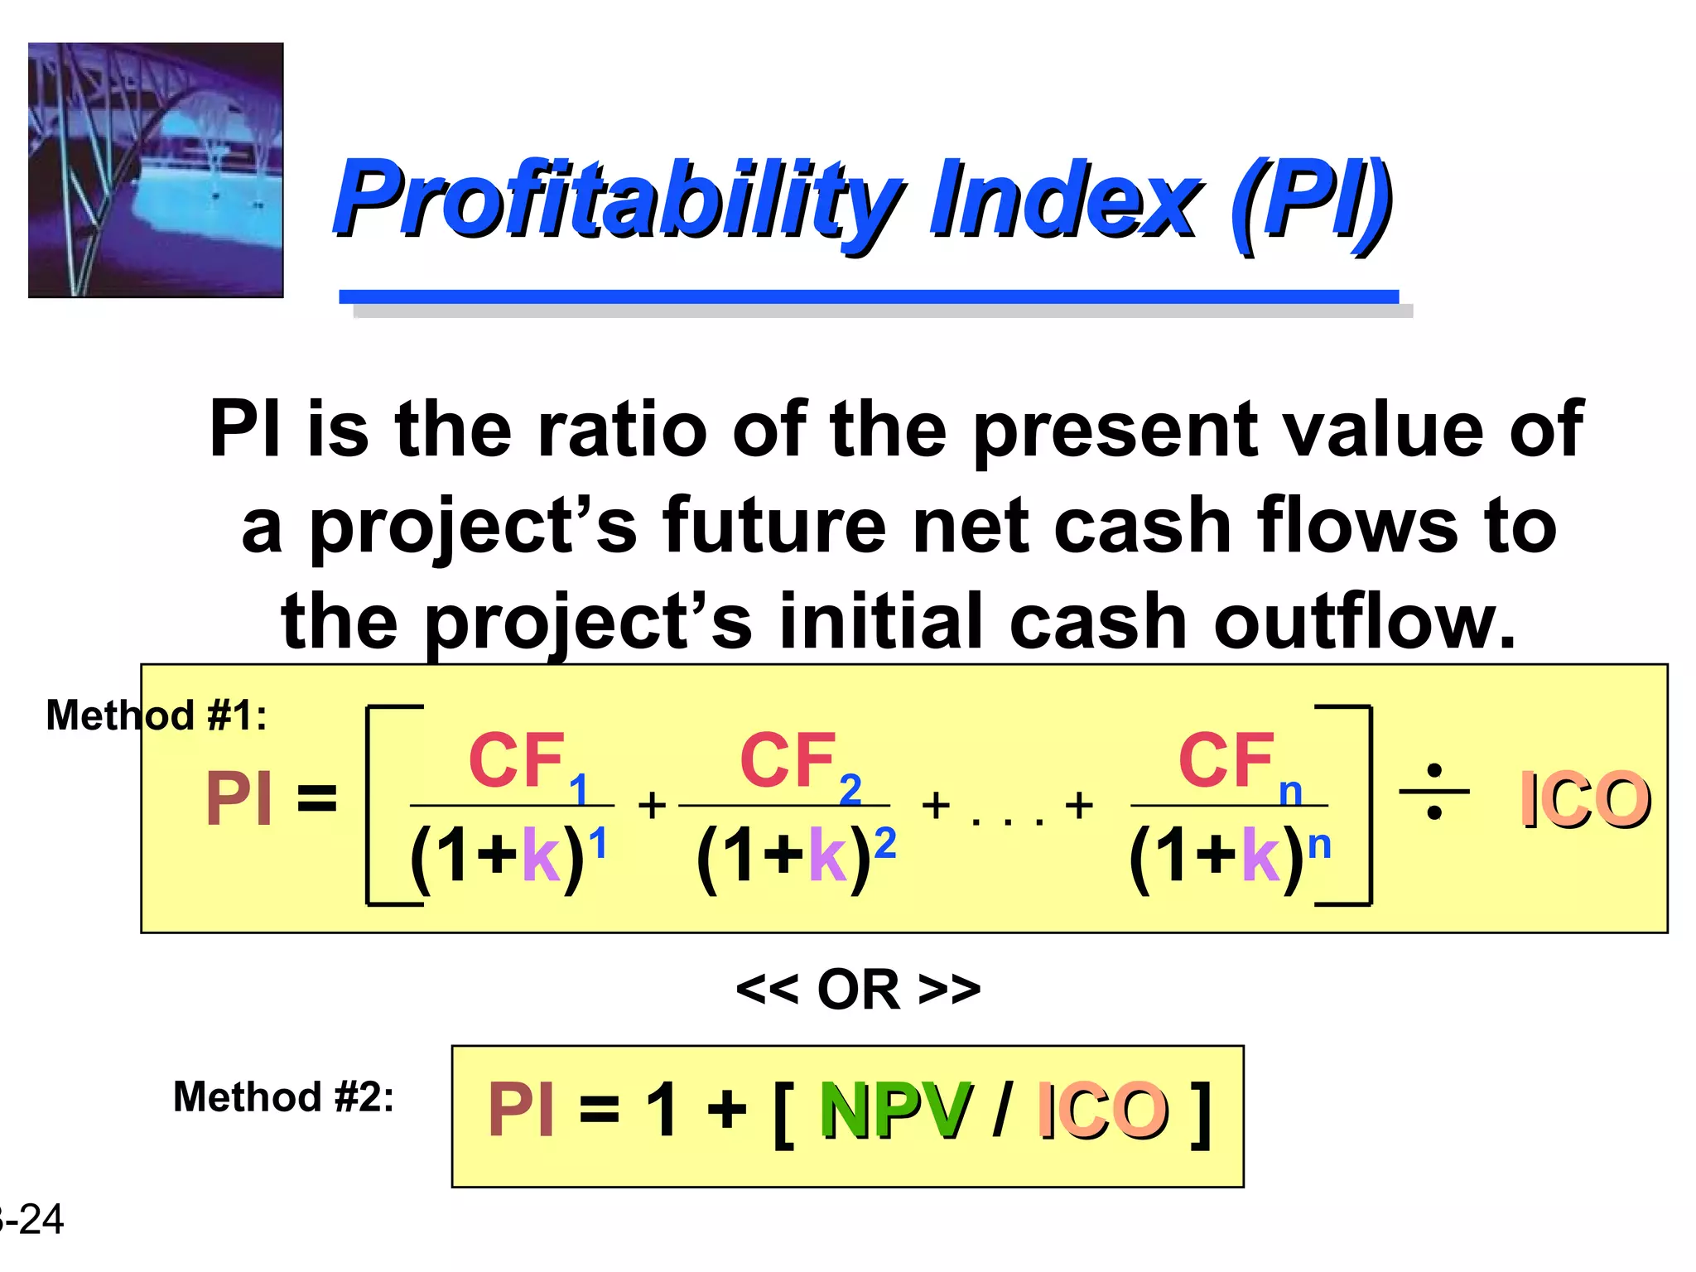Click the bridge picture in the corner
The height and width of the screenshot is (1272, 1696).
tap(156, 170)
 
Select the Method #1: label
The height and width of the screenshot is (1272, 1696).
tap(157, 715)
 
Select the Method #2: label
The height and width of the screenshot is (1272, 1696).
tap(283, 1096)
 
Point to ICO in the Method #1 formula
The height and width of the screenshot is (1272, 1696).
tap(1584, 800)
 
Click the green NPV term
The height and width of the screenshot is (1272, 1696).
tap(894, 1111)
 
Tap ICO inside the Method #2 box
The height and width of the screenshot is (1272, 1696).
tap(1103, 1111)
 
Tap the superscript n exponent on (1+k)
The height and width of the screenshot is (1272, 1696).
tap(1319, 846)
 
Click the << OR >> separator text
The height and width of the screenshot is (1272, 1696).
tap(858, 989)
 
